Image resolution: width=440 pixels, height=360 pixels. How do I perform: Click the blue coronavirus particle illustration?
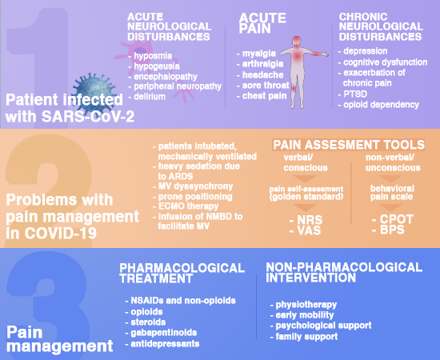[x=94, y=91]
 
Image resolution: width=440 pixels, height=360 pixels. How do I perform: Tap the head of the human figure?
[x=297, y=41]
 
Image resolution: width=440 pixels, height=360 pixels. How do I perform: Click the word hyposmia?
[x=153, y=55]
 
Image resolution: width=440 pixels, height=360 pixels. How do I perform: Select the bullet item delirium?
[x=150, y=97]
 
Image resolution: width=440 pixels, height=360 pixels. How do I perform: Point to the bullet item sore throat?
[x=266, y=85]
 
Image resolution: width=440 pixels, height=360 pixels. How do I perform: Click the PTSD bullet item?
[x=355, y=94]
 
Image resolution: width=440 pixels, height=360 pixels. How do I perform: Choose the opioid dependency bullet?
[x=381, y=105]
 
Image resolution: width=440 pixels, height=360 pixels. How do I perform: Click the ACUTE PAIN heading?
[x=262, y=23]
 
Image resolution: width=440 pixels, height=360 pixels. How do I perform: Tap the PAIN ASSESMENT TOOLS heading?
[x=349, y=145]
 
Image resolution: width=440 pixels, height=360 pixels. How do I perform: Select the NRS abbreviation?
[x=310, y=220]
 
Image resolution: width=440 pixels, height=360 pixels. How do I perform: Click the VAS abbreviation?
[x=309, y=230]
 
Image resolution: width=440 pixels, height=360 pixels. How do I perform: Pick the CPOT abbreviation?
[x=396, y=219]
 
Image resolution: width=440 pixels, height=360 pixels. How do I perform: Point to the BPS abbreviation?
[x=392, y=230]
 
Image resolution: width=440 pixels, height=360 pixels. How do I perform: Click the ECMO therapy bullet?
[x=188, y=206]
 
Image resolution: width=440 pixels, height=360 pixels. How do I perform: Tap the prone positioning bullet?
[x=195, y=197]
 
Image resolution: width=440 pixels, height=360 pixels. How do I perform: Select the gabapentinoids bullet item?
[x=164, y=333]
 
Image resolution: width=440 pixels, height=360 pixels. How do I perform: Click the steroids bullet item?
[x=148, y=322]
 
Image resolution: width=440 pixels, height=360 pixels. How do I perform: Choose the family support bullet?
[x=306, y=337]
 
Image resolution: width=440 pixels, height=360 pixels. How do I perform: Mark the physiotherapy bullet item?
[x=306, y=305]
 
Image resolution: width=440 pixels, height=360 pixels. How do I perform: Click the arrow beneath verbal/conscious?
[x=305, y=178]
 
